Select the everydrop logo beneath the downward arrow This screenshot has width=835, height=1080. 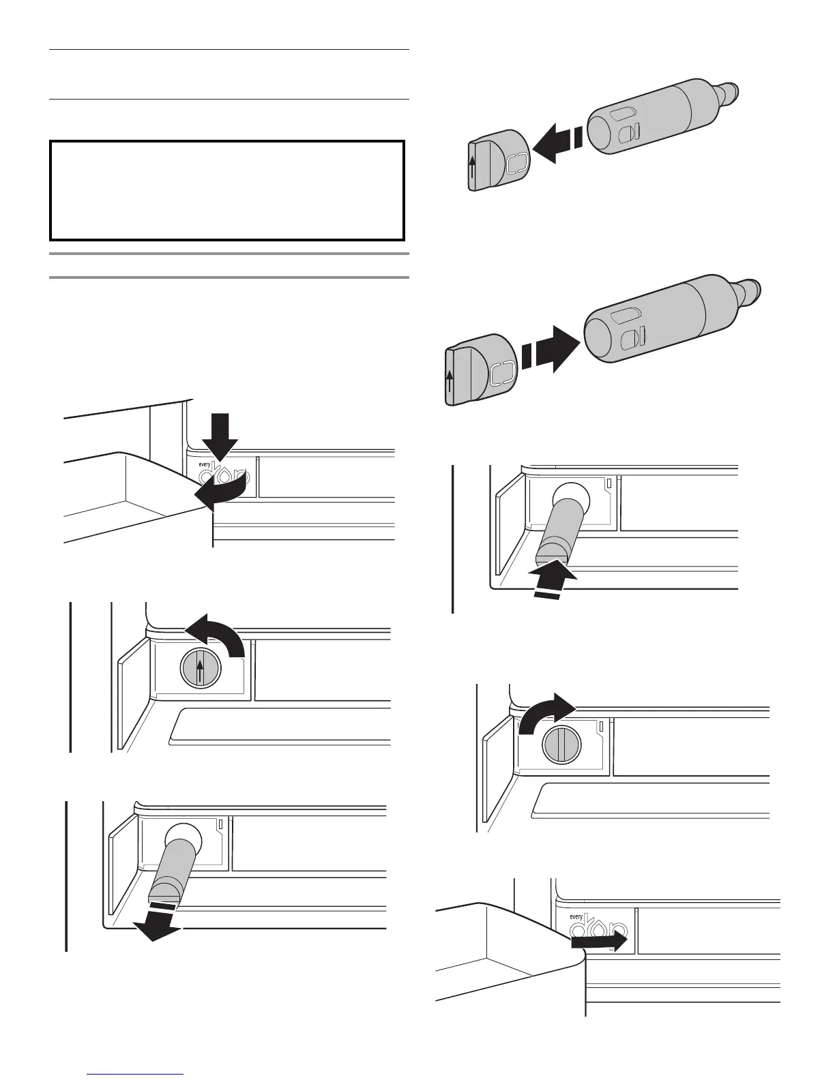[x=224, y=472]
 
